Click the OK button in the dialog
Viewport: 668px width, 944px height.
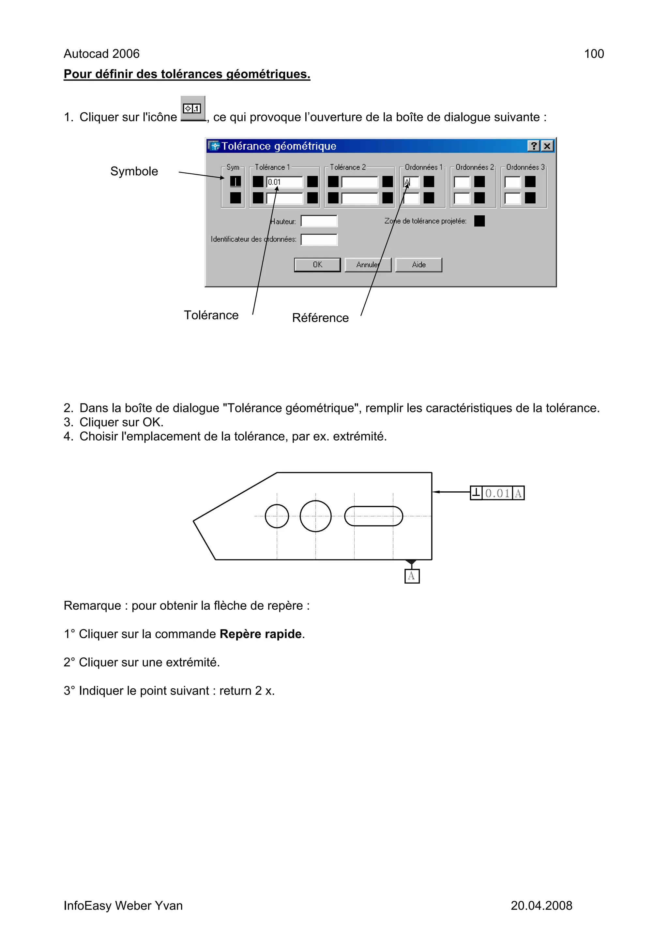click(x=317, y=265)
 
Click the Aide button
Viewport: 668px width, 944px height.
click(x=418, y=265)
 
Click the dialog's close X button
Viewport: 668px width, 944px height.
click(x=547, y=146)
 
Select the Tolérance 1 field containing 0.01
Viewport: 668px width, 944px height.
click(x=284, y=182)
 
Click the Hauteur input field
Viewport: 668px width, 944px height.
click(x=319, y=221)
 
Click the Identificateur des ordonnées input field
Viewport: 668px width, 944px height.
click(x=319, y=239)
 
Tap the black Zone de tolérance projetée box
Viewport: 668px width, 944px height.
click(x=479, y=221)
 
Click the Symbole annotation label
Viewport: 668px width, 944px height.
click(x=134, y=171)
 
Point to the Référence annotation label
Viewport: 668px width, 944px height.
click(x=320, y=318)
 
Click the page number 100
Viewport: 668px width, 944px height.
click(x=594, y=54)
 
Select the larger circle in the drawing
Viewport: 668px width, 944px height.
click(x=315, y=516)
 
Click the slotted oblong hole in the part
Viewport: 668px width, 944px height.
click(x=373, y=516)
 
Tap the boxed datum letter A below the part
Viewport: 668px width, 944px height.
click(x=412, y=576)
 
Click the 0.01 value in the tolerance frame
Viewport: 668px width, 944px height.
click(x=497, y=493)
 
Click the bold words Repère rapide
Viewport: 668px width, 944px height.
click(x=261, y=634)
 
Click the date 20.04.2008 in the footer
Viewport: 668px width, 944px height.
click(x=541, y=905)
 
